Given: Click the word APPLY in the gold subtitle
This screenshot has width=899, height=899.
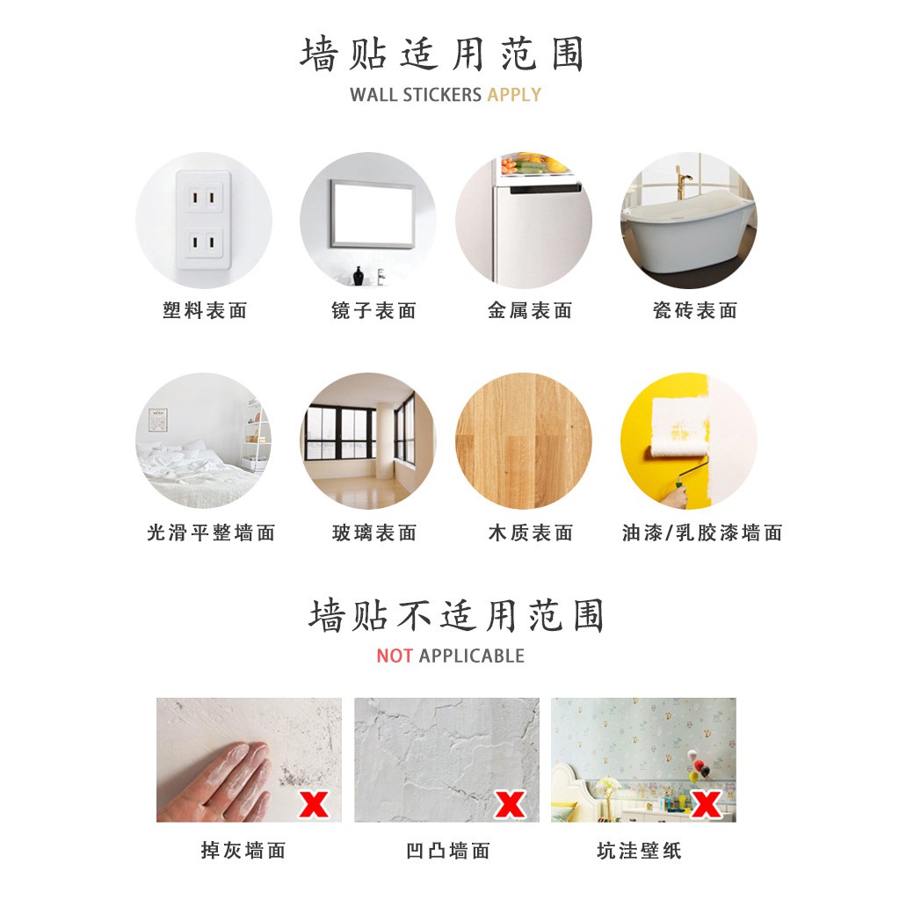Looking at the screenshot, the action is pyautogui.click(x=514, y=95).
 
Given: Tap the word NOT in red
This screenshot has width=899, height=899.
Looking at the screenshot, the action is pyautogui.click(x=394, y=656).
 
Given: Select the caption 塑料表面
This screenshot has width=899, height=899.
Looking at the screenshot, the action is pyautogui.click(x=205, y=311).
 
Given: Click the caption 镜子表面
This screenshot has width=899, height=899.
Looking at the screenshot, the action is pyautogui.click(x=373, y=311).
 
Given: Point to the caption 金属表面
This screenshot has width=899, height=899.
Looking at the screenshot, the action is pyautogui.click(x=530, y=311).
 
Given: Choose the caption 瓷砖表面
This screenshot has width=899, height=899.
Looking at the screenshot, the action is pyautogui.click(x=695, y=311).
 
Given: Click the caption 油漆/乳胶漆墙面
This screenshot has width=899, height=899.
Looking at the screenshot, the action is pyautogui.click(x=702, y=533).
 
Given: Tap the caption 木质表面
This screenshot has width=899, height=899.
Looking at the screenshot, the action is pyautogui.click(x=531, y=533).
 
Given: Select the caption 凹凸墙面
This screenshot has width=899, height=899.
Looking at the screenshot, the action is pyautogui.click(x=448, y=851).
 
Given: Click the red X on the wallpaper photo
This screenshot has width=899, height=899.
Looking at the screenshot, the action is pyautogui.click(x=706, y=804).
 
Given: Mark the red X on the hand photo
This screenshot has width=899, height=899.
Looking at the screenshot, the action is pyautogui.click(x=313, y=804).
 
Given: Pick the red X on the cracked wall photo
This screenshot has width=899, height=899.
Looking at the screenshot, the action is pyautogui.click(x=510, y=804).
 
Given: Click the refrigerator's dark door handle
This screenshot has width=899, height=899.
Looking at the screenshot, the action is pyautogui.click(x=544, y=189).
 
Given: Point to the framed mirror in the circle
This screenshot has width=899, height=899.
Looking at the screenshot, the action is pyautogui.click(x=372, y=214).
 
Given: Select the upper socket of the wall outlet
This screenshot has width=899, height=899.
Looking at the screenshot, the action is pyautogui.click(x=203, y=199).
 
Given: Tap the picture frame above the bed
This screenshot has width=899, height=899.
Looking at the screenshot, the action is pyautogui.click(x=157, y=420).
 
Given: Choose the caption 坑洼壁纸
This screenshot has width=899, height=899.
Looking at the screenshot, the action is pyautogui.click(x=639, y=851).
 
